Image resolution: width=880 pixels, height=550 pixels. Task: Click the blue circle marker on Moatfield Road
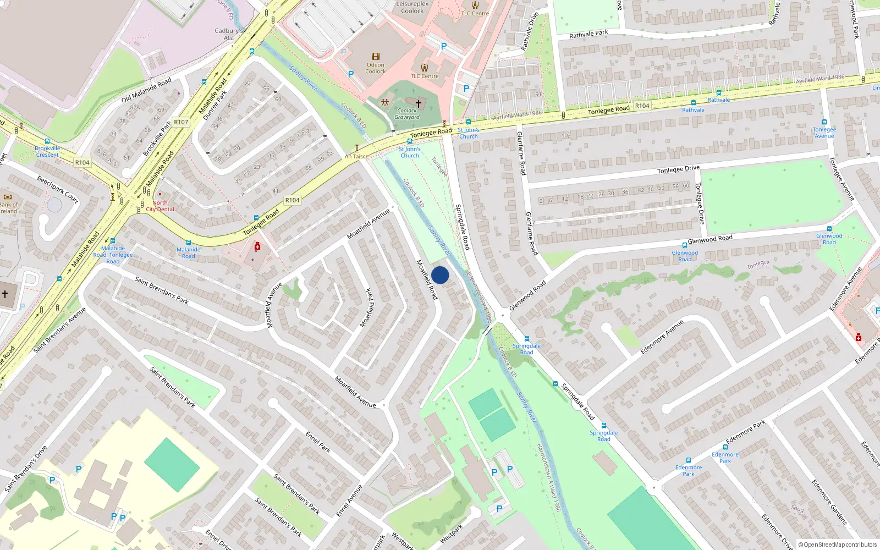pyautogui.click(x=440, y=275)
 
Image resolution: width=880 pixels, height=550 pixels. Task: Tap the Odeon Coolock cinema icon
pyautogui.click(x=376, y=57)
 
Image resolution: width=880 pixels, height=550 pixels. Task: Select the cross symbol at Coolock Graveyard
pyautogui.click(x=419, y=103)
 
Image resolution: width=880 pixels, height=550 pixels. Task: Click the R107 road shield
pyautogui.click(x=181, y=122)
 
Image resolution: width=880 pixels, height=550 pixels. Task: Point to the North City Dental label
pyautogui.click(x=160, y=206)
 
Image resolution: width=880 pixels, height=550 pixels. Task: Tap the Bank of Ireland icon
pyautogui.click(x=8, y=196)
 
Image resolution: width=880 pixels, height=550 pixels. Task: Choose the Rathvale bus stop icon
pyautogui.click(x=718, y=93)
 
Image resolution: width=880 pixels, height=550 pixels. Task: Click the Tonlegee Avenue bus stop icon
pyautogui.click(x=824, y=123)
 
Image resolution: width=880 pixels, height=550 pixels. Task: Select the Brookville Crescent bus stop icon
pyautogui.click(x=47, y=141)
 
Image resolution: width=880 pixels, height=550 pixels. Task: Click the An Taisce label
pyautogui.click(x=356, y=157)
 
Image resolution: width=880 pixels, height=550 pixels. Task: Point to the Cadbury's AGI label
pyautogui.click(x=229, y=34)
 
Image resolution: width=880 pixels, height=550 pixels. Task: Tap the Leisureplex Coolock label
pyautogui.click(x=413, y=7)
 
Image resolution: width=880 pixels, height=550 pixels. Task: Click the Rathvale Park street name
pyautogui.click(x=588, y=34)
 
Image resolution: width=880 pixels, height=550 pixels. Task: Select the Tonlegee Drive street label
pyautogui.click(x=678, y=169)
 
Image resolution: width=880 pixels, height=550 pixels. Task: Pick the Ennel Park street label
pyautogui.click(x=318, y=442)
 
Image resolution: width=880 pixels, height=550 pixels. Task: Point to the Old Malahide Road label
pyautogui.click(x=146, y=91)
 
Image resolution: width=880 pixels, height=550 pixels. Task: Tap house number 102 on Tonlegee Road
pyautogui.click(x=566, y=136)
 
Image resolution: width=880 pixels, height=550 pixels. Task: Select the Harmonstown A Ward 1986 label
pyautogui.click(x=548, y=477)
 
